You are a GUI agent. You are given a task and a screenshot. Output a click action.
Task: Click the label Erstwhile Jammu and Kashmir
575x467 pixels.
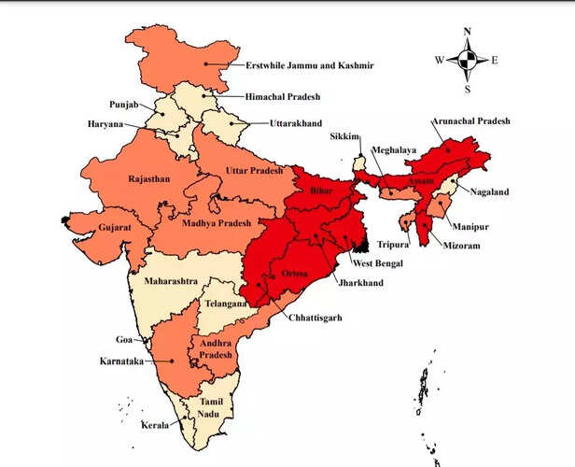(309, 65)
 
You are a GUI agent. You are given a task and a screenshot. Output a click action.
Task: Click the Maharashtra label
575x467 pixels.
(171, 279)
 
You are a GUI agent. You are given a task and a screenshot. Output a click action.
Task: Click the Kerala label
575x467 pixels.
(155, 425)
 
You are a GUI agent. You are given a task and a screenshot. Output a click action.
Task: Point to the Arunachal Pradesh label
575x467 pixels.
(472, 121)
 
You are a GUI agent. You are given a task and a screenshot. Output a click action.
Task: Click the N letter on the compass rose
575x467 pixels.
(467, 31)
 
